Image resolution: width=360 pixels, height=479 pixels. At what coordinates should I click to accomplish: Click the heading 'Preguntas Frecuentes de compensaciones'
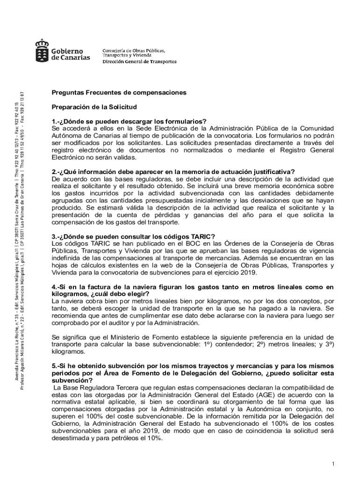click(119, 93)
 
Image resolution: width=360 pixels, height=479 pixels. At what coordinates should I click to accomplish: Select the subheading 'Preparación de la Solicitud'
click(94, 107)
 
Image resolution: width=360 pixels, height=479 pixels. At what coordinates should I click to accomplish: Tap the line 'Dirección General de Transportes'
click(139, 62)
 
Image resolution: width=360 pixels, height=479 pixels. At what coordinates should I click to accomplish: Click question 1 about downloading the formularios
click(129, 122)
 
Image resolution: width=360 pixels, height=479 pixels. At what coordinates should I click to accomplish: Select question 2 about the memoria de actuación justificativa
click(173, 172)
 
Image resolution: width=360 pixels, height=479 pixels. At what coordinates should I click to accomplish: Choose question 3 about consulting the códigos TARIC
click(133, 236)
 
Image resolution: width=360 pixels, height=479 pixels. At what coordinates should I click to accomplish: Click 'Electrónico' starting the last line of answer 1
click(69, 158)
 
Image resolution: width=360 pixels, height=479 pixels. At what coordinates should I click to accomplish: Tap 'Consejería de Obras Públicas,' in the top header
click(133, 51)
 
